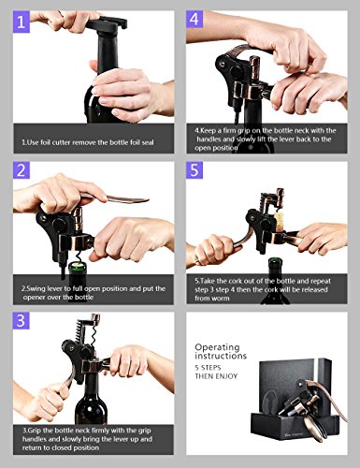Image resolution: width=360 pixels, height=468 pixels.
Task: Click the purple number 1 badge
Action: point(22,22)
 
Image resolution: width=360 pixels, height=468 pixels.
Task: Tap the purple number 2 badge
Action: point(22,170)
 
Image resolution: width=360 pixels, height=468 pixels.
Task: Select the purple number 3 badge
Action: point(22,320)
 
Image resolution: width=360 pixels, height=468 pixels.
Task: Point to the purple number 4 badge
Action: point(194,20)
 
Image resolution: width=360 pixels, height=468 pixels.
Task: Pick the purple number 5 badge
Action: point(194,170)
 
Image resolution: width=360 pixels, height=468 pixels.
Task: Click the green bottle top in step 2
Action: point(78,266)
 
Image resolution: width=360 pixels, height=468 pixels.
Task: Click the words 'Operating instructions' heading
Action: point(221,351)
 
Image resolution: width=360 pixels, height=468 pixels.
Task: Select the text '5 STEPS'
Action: point(208,367)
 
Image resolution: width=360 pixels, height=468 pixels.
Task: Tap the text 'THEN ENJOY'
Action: point(216,376)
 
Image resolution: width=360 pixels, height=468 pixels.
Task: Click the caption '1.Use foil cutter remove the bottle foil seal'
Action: point(88,142)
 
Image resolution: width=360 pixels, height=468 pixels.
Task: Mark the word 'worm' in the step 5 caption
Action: point(221,299)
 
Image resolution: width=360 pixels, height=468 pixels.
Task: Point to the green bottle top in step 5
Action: point(273,260)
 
